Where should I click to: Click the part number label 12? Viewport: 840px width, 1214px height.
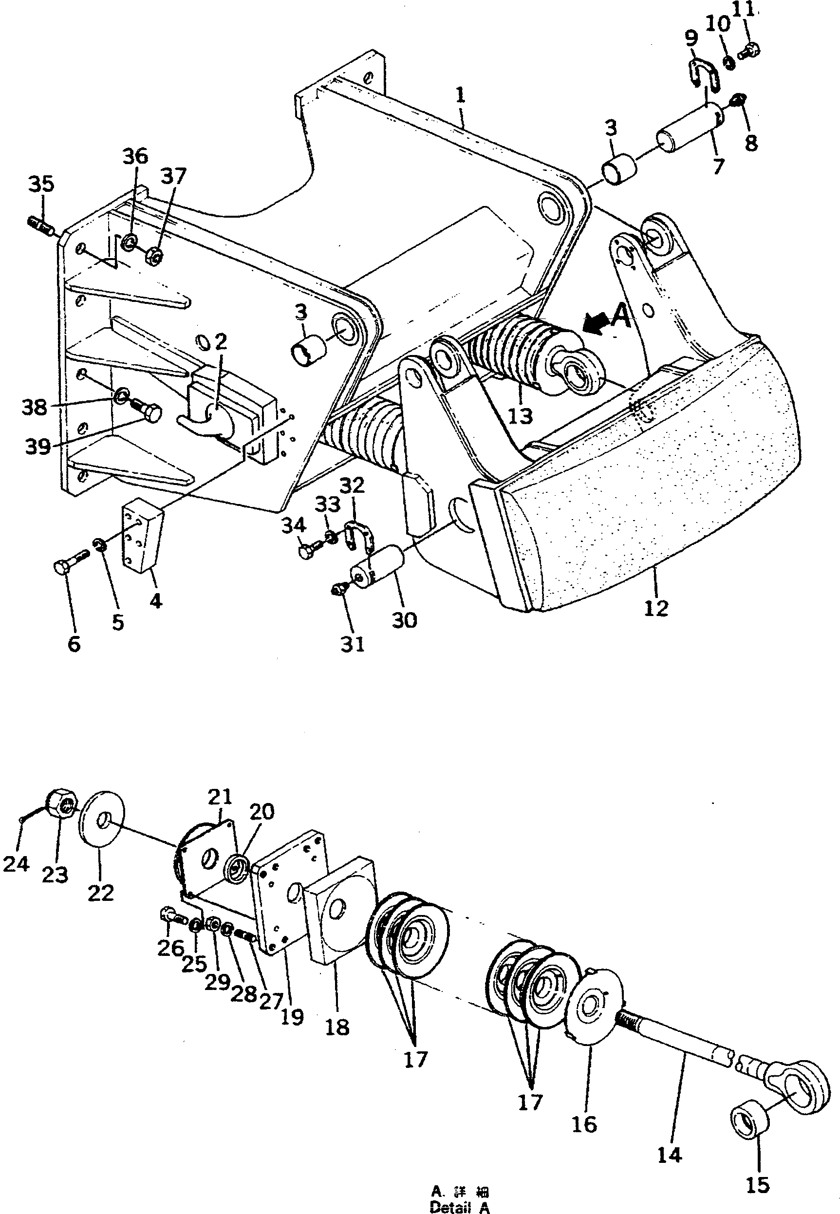coord(656,608)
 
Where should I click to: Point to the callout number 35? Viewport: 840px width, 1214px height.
coord(40,184)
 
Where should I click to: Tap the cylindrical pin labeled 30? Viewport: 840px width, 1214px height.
coord(378,564)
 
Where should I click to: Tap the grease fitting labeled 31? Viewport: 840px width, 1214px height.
coord(339,592)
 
